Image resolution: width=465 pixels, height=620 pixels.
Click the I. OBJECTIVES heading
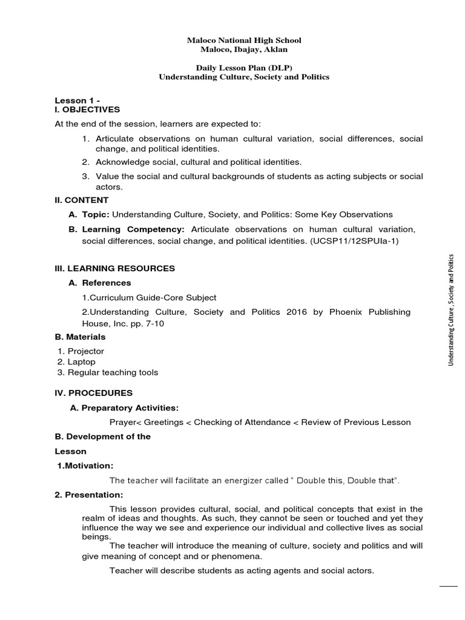[87, 110]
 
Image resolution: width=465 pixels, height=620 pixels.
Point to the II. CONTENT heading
[82, 200]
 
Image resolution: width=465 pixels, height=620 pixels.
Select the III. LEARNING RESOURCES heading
[114, 268]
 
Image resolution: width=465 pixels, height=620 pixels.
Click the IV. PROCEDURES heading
[93, 393]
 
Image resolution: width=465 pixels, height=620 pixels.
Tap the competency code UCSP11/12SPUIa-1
[361, 241]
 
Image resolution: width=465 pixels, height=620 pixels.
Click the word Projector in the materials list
[85, 351]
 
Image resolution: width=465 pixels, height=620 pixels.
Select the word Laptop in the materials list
[81, 361]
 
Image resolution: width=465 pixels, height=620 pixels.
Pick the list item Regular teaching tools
[113, 372]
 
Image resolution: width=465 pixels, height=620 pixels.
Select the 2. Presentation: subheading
[88, 495]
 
